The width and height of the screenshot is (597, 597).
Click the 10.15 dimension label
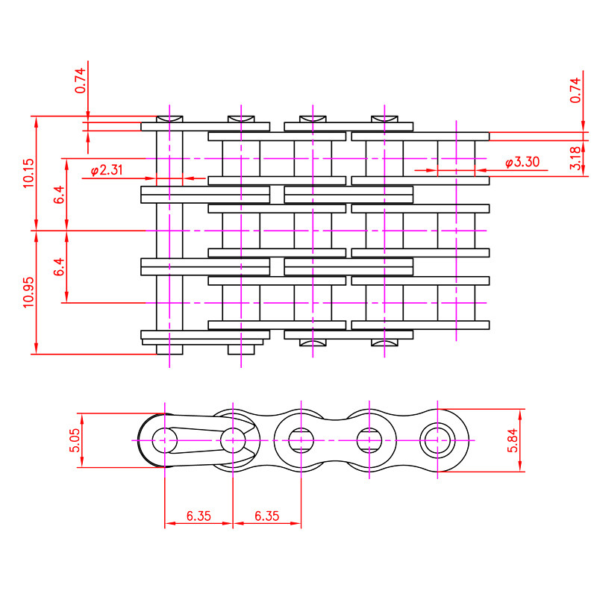[x=29, y=173]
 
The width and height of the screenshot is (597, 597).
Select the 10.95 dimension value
[x=29, y=292]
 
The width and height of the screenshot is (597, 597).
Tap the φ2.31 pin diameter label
[x=107, y=170]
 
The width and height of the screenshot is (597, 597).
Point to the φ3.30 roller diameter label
[x=522, y=162]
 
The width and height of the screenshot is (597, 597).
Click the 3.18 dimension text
[x=575, y=158]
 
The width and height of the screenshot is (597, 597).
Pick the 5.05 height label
[x=75, y=440]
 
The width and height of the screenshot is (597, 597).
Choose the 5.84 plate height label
[x=513, y=440]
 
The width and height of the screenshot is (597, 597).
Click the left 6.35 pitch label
[x=199, y=516]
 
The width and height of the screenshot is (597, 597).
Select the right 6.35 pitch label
[x=267, y=516]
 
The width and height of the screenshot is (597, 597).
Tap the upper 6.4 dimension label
[x=60, y=195]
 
